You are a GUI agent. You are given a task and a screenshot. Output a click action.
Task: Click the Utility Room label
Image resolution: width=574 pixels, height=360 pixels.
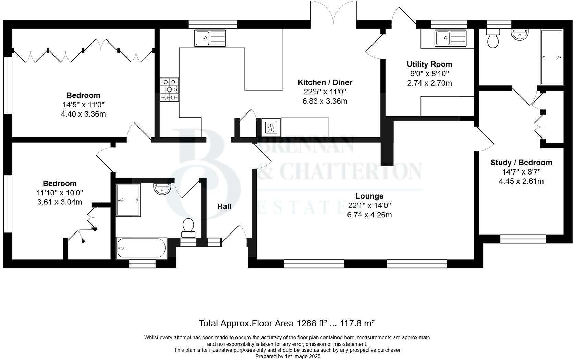pos(429,64)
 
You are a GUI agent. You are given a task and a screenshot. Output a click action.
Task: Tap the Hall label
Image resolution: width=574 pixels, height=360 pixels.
pos(224,206)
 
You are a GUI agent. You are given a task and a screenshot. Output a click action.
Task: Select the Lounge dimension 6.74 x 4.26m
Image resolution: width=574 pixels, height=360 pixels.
pos(369,215)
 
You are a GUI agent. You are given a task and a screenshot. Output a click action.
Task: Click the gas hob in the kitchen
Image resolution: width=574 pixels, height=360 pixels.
pos(170,89)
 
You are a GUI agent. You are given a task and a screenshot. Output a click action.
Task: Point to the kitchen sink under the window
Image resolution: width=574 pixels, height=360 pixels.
pos(210,38)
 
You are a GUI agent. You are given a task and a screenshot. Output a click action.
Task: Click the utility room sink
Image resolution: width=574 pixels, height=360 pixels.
pos(450,38)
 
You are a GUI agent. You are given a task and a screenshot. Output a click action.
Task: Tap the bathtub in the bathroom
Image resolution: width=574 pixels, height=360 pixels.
pos(142,247)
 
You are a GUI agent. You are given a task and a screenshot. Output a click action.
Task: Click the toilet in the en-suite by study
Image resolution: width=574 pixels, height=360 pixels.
pos(493,39)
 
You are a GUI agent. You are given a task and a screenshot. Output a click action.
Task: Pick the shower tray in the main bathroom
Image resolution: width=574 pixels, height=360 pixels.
pos(128,200)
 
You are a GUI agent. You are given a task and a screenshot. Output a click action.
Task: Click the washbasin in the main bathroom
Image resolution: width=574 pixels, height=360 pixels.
pos(162,189)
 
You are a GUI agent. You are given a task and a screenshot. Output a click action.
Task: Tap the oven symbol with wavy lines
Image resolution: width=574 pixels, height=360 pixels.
pos(271,128)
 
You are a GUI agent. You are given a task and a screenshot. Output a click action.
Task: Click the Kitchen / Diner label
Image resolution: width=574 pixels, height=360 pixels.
pos(325,82)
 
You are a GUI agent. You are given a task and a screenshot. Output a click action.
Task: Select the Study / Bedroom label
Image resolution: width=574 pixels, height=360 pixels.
pos(521,163)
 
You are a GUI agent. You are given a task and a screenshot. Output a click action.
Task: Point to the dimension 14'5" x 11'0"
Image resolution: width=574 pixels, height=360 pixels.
pos(83,105)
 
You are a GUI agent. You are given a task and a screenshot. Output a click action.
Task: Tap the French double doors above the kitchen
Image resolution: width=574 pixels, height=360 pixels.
pos(333,12)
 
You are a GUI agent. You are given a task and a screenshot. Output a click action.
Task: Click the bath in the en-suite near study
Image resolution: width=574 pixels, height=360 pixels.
pos(551,57)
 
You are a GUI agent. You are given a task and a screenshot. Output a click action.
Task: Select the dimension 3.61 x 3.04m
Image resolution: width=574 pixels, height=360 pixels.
pos(60,202)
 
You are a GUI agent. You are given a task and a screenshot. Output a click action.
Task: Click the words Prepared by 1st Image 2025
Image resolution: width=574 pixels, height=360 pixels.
pos(288,356)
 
